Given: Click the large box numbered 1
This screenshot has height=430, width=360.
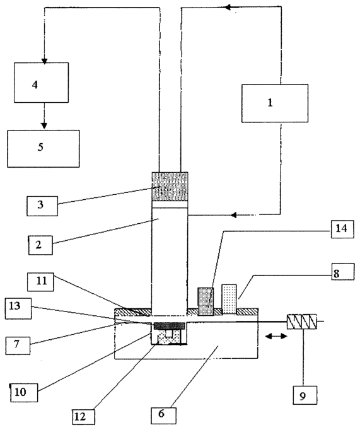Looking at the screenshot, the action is coord(274,103).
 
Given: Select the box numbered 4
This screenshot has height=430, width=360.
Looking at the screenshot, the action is coord(42,83).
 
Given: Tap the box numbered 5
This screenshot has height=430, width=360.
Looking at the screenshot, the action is coord(44,149).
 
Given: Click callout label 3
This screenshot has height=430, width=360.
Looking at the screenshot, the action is coord(42,206).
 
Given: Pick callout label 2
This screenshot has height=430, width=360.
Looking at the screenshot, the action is coord(40,245).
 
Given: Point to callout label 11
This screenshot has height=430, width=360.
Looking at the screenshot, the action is coord(40,282).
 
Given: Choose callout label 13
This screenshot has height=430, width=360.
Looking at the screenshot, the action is coord(18,308).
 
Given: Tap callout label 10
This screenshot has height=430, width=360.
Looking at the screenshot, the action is coord(24,393).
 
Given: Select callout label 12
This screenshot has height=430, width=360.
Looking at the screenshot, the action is coord(84,417).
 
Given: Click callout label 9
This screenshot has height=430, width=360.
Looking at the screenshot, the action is coord(305,395).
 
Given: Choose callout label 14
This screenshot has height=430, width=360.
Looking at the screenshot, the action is coord(342,230).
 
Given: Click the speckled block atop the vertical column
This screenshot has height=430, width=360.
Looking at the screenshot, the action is coord(170,187).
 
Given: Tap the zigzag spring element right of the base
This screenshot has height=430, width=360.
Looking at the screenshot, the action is coord(301,322).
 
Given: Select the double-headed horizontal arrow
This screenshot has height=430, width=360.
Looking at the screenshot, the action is coord(276,336).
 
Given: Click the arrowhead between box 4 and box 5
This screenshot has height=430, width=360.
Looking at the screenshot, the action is coord(44,125).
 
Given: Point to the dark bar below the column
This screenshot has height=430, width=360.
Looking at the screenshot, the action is coord(170,326).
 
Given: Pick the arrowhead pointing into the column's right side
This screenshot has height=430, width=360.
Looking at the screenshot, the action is coord(233,215).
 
